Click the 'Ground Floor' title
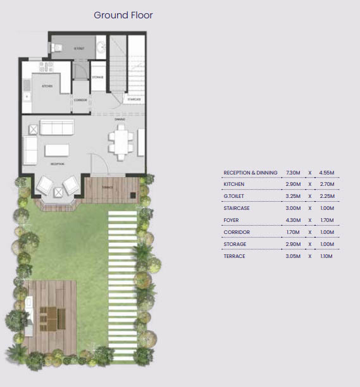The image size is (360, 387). click(x=123, y=15)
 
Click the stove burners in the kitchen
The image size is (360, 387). click(x=44, y=65)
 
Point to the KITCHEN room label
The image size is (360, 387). click(x=47, y=86)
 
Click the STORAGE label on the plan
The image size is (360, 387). click(x=97, y=78)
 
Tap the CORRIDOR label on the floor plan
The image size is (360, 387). click(x=80, y=99)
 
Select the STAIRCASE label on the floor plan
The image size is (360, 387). click(x=133, y=99)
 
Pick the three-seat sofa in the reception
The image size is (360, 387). click(x=57, y=127)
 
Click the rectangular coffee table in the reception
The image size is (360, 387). click(x=56, y=150)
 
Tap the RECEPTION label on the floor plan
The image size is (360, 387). click(x=58, y=164)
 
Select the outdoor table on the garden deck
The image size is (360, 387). click(x=49, y=313)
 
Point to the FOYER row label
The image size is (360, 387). click(x=231, y=221)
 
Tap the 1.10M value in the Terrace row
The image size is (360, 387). click(x=325, y=256)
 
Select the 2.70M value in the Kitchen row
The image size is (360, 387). click(x=325, y=184)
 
